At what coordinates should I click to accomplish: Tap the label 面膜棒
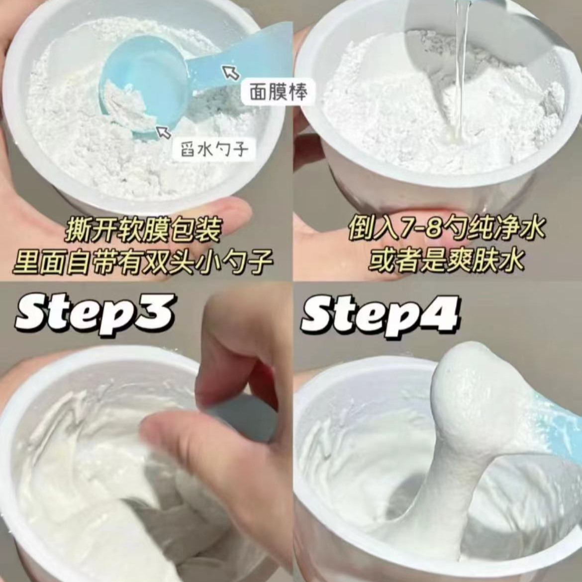[x=278, y=92]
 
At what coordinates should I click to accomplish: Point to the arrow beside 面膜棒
[x=230, y=72]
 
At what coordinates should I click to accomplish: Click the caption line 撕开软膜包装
[x=143, y=230]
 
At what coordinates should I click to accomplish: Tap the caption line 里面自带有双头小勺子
[x=143, y=261]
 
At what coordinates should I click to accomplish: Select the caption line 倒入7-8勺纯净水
[x=447, y=229]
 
